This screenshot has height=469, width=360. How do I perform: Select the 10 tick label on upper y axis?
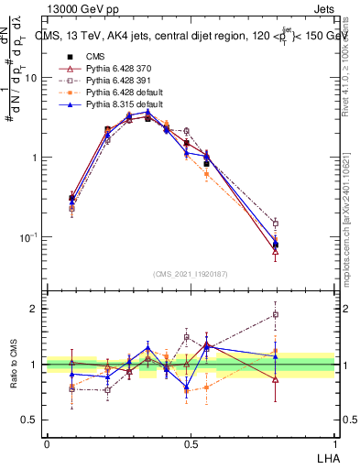(30, 78)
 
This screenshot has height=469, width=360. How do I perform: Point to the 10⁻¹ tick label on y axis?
(27, 236)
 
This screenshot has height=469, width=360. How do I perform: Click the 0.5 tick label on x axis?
(191, 444)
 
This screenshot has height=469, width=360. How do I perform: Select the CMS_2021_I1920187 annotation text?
(190, 273)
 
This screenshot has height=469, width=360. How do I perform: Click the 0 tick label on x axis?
(47, 444)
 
